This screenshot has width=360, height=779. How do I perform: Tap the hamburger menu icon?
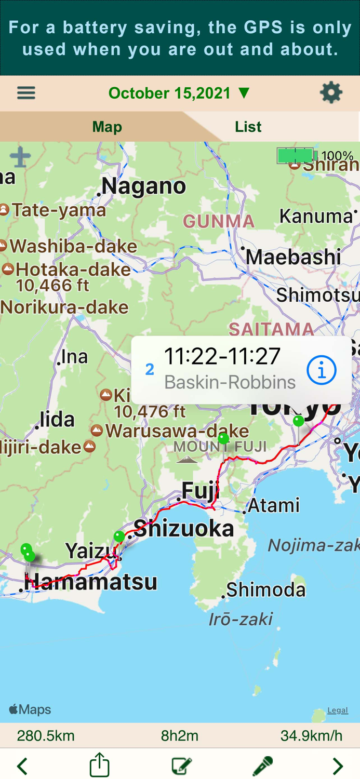26,93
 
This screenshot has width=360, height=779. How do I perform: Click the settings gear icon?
331,93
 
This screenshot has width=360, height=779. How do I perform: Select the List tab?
248,127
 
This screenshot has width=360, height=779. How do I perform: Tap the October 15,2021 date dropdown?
179,93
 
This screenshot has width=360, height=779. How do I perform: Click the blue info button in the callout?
321,370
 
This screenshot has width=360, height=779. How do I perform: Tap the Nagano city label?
143,186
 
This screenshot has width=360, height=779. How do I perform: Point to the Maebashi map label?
293,257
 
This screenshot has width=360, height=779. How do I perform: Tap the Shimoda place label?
265,590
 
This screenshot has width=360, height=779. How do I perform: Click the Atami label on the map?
274,505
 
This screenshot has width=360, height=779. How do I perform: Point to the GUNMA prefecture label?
219,222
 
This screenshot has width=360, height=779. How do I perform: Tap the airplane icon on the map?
20,157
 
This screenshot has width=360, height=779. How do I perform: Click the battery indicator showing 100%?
314,155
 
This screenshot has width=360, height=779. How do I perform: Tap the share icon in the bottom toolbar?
99,765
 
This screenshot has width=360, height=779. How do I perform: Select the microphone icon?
262,765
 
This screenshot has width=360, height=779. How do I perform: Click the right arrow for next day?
338,765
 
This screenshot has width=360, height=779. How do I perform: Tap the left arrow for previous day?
22,765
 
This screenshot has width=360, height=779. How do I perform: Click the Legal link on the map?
337,710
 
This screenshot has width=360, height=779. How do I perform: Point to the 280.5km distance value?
46,736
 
